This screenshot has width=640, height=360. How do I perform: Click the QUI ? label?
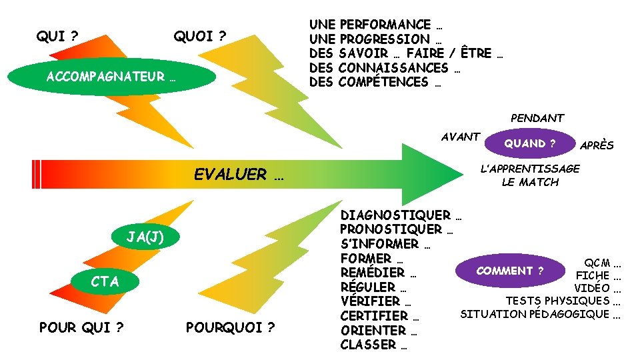(59, 36)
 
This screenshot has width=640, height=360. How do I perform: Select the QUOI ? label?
(200, 36)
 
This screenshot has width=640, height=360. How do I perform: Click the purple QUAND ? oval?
(530, 143)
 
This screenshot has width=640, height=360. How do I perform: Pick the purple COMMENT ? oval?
(510, 271)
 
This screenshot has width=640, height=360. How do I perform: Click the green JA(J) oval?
(145, 237)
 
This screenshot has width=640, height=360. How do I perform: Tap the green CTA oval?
(105, 281)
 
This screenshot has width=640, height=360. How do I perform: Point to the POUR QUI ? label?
(82, 327)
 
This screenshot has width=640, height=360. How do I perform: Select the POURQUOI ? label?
(230, 327)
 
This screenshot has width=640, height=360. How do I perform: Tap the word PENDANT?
(537, 118)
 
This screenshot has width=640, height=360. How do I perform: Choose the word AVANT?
(461, 137)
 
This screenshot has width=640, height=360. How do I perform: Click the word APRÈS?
(597, 145)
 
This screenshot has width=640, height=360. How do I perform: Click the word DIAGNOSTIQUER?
(395, 215)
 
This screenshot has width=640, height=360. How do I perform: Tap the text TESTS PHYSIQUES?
(557, 301)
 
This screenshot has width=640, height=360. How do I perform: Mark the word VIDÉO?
(592, 288)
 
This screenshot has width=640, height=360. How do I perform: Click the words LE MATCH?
(530, 182)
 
